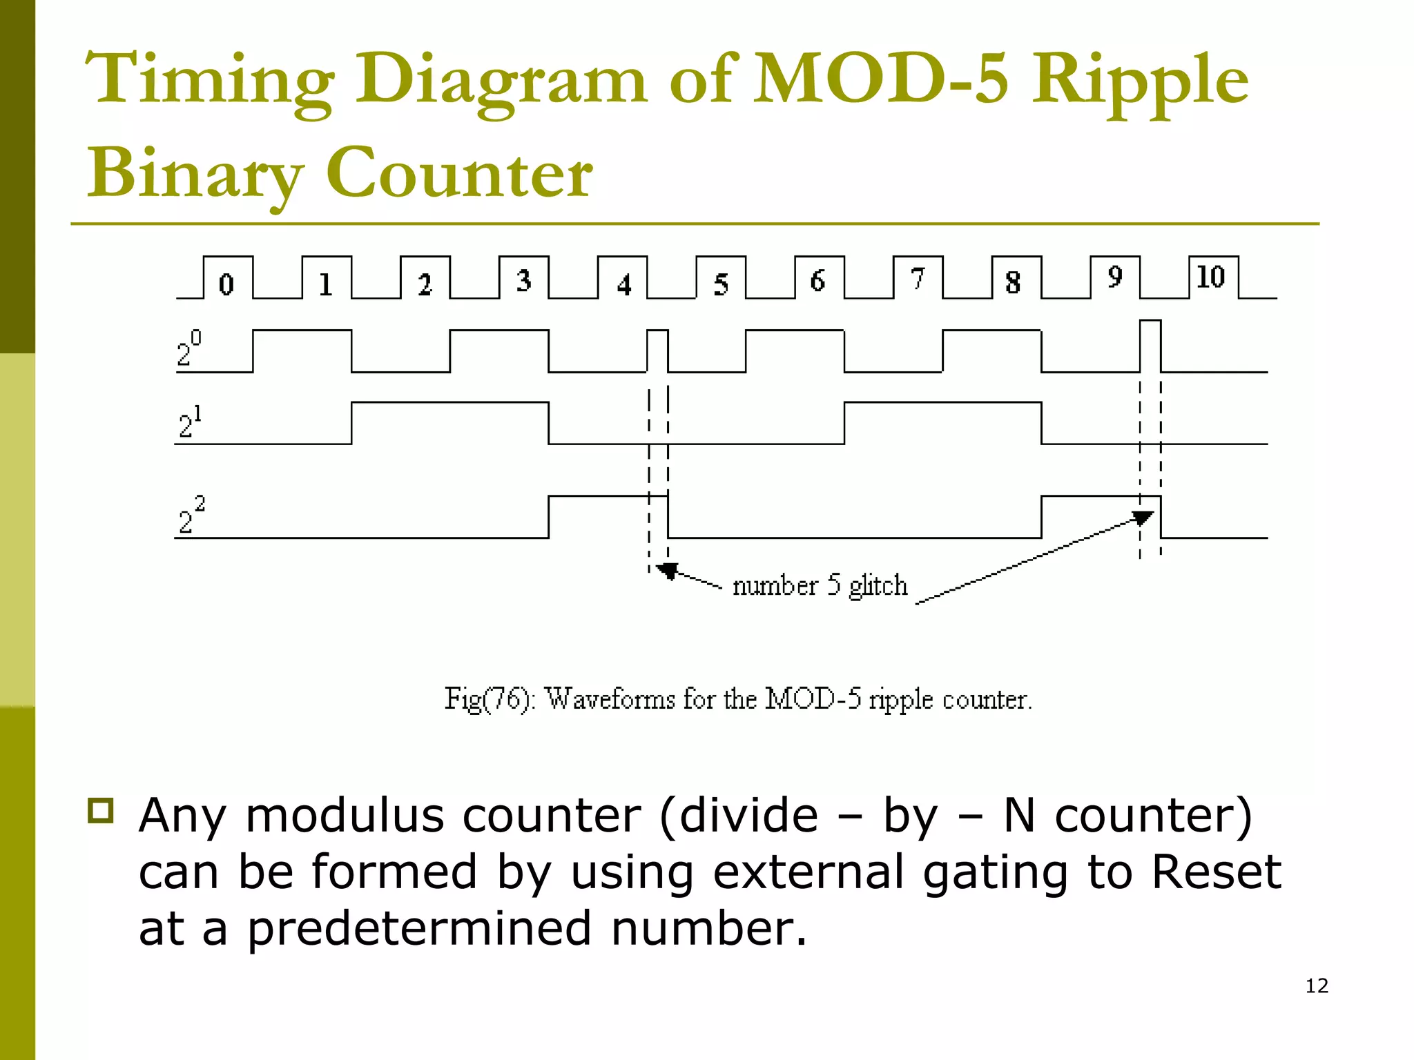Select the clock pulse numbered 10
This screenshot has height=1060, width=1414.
point(1212,277)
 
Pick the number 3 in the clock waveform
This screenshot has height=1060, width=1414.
point(524,280)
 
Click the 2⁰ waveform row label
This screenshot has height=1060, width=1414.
point(188,349)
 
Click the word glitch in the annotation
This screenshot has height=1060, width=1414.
point(878,586)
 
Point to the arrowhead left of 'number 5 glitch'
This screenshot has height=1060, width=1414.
point(667,570)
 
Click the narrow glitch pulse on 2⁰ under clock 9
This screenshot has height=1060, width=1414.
point(1150,345)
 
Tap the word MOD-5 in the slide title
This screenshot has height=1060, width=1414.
point(881,79)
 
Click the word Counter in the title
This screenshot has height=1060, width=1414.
point(458,173)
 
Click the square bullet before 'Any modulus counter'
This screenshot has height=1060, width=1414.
point(101,810)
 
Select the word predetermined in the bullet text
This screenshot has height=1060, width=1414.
point(420,929)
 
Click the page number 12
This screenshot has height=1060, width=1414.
point(1317,985)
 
